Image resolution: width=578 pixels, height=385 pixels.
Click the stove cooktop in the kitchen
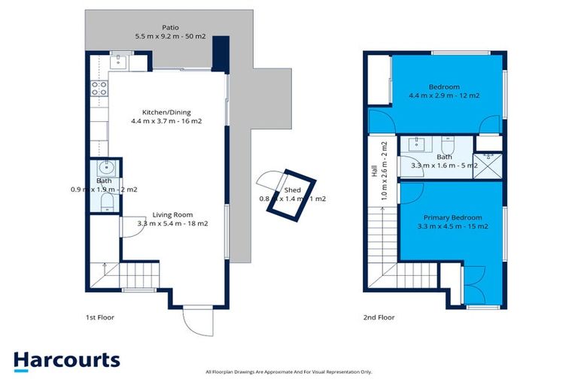(98, 89)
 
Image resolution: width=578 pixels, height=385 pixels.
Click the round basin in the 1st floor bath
(105, 168)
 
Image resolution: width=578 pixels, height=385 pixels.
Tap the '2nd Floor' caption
(378, 317)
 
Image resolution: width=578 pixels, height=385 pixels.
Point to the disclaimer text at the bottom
(288, 371)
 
